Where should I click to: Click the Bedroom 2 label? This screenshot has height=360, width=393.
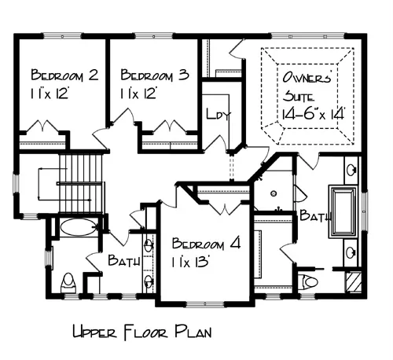point(64,75)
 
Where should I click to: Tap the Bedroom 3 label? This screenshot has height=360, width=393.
point(155,75)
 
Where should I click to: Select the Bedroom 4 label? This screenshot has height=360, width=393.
point(207,243)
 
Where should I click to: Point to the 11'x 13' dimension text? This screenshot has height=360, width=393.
point(190,262)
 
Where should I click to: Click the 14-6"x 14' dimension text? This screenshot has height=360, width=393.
point(313,114)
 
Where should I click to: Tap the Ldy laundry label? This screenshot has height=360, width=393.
point(219,114)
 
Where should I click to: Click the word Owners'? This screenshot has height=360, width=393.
point(307,77)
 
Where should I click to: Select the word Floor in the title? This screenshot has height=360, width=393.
point(145,332)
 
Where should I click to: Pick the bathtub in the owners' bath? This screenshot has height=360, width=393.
point(343,212)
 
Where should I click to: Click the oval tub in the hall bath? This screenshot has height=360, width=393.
point(79,227)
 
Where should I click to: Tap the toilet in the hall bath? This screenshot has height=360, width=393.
point(68,284)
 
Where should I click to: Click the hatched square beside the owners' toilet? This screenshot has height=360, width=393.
point(354,281)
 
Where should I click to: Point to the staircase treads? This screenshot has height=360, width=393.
point(80,183)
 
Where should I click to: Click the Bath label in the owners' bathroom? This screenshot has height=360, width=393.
point(315,215)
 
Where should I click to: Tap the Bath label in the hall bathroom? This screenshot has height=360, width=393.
point(124,260)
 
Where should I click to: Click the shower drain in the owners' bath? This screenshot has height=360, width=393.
point(274,193)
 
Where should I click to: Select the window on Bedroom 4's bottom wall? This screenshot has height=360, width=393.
point(205,304)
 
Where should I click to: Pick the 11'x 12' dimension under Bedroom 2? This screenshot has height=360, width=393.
point(50,94)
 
